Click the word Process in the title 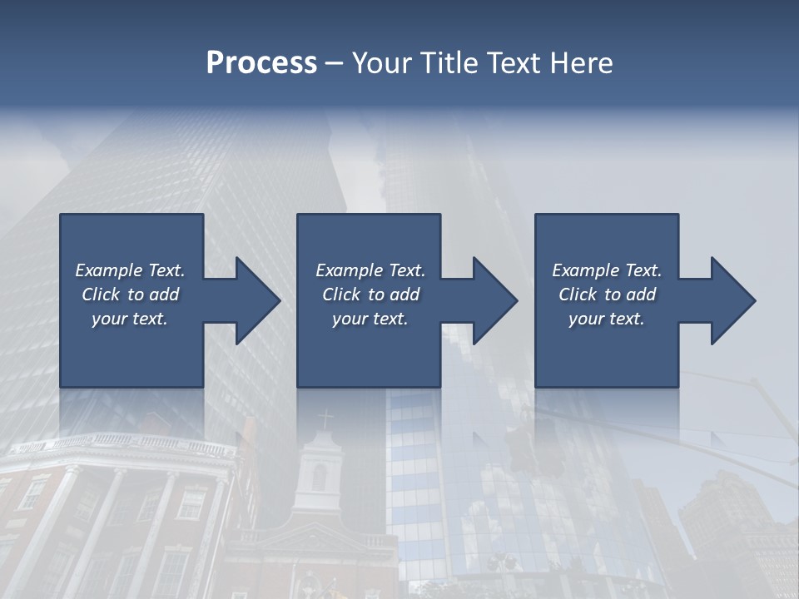tap(261, 63)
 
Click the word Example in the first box tap(109, 270)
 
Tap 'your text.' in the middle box tap(370, 319)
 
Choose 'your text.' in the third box tap(606, 319)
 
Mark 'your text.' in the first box tap(129, 319)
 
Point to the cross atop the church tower tap(325, 418)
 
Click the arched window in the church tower tap(319, 477)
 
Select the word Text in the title tap(511, 63)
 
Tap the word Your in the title tap(380, 63)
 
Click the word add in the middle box tap(404, 295)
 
